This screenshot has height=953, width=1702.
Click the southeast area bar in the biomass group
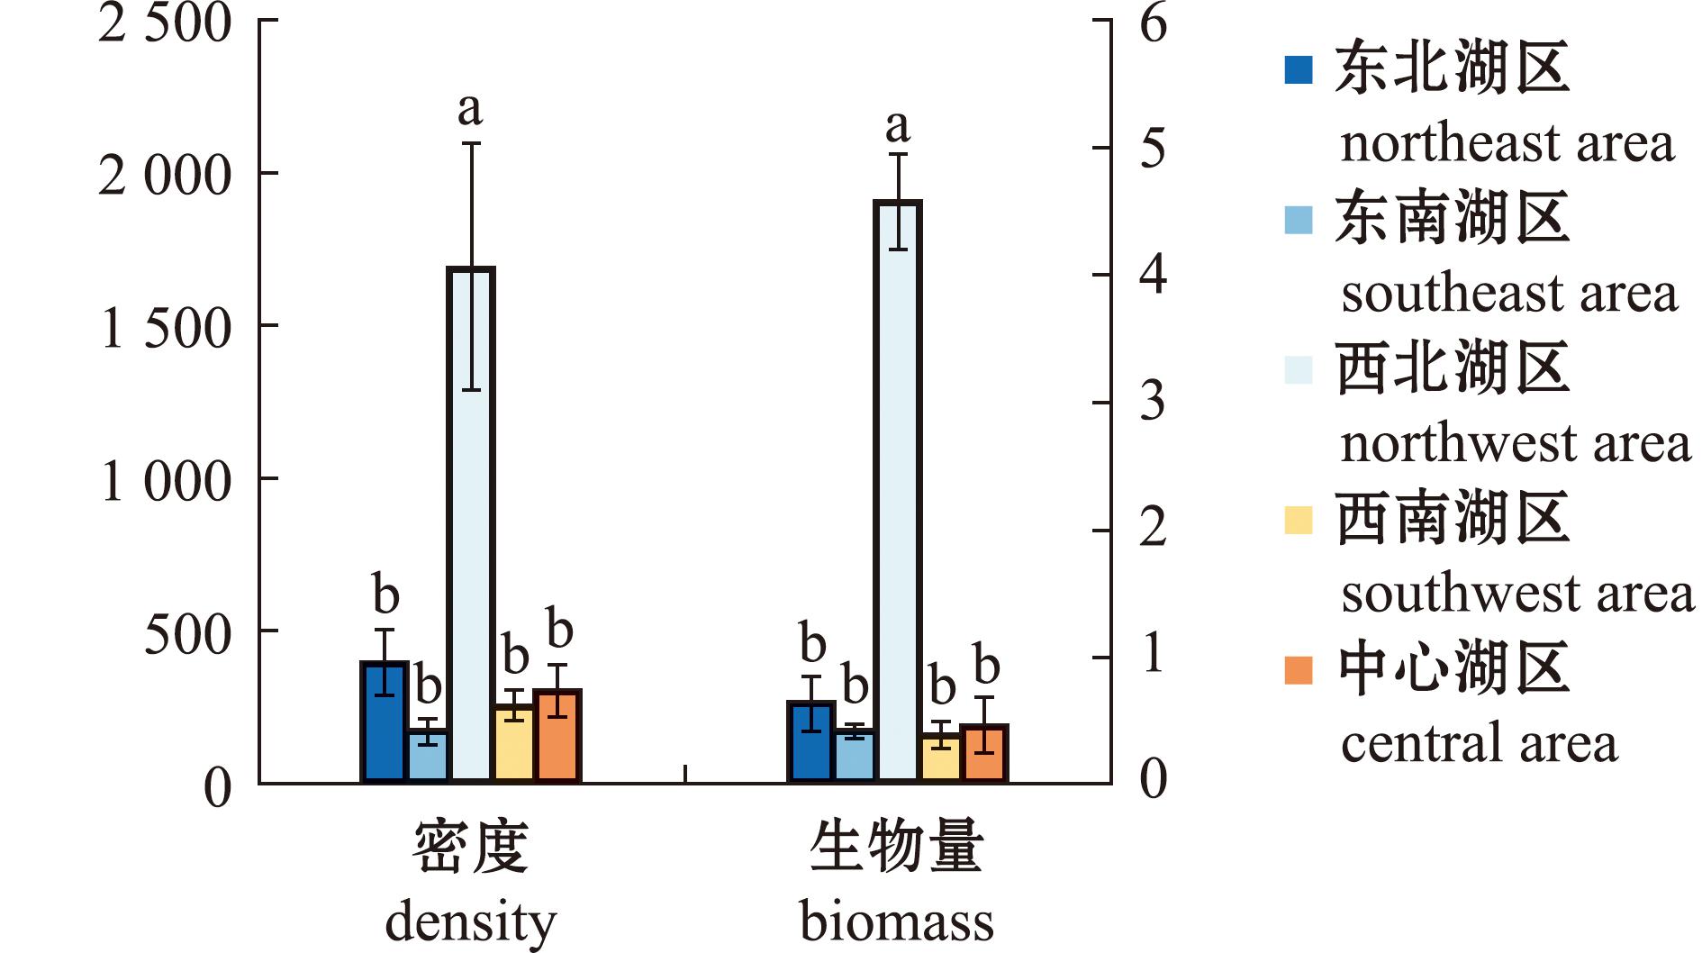855,756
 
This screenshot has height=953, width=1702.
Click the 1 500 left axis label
165,328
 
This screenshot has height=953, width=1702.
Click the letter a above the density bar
470,110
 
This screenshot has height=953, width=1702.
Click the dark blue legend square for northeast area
1298,69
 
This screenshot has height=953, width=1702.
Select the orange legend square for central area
1298,670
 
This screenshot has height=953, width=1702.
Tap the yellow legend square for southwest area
1298,520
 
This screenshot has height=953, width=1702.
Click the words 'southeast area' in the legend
1509,294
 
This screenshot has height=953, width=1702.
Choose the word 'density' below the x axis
471,921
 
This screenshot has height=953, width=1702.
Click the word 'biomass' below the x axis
897,921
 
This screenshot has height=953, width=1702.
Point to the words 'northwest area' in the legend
1516,444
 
